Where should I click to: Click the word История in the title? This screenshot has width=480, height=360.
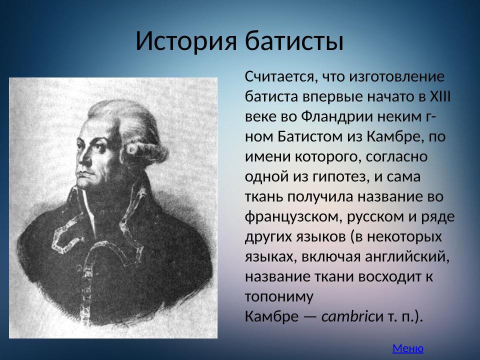185,41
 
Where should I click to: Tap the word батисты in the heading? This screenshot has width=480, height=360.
293,41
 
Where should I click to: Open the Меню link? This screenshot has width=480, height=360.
408,348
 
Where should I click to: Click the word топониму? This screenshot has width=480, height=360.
279,296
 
